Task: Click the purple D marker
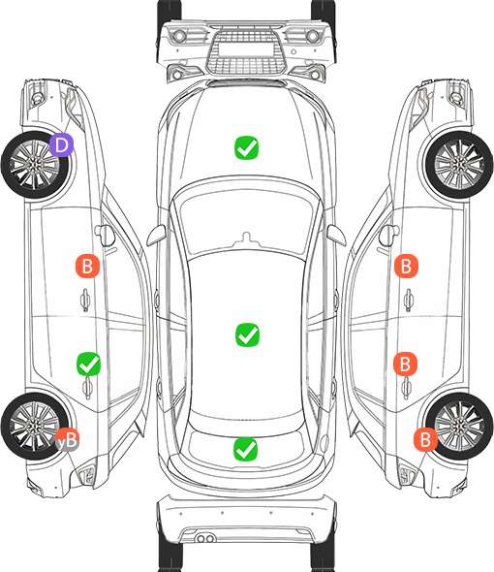pos(62,144)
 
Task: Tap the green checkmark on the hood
pos(246,147)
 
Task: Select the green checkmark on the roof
pos(247,334)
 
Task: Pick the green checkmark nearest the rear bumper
pos(245,449)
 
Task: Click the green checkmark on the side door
pos(88,364)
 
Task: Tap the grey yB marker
pos(67,439)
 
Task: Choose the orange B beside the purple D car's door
pos(87,266)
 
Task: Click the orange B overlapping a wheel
pos(425,439)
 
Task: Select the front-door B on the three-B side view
pos(406,266)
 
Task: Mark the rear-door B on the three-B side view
pos(405,364)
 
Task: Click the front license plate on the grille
pos(246,49)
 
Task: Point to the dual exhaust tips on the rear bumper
pos(205,538)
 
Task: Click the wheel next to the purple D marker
pos(35,165)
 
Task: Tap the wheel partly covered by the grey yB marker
pos(35,426)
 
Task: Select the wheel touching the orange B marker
pos(459,426)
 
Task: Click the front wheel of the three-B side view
pos(459,165)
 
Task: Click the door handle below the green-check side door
pos(87,388)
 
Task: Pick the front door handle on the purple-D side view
pos(85,300)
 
